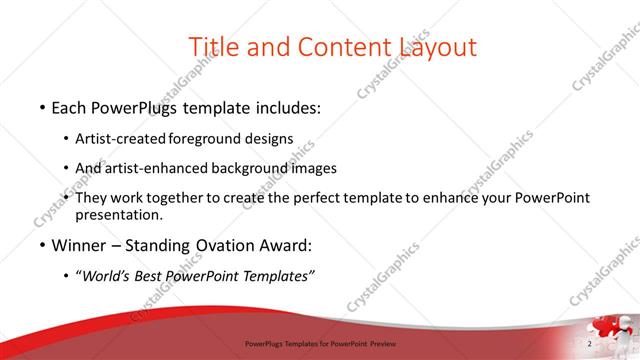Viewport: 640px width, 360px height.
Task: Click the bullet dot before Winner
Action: coord(41,246)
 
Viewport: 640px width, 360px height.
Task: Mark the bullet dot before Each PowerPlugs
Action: coord(41,106)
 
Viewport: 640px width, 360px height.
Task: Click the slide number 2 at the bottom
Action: coord(591,344)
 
